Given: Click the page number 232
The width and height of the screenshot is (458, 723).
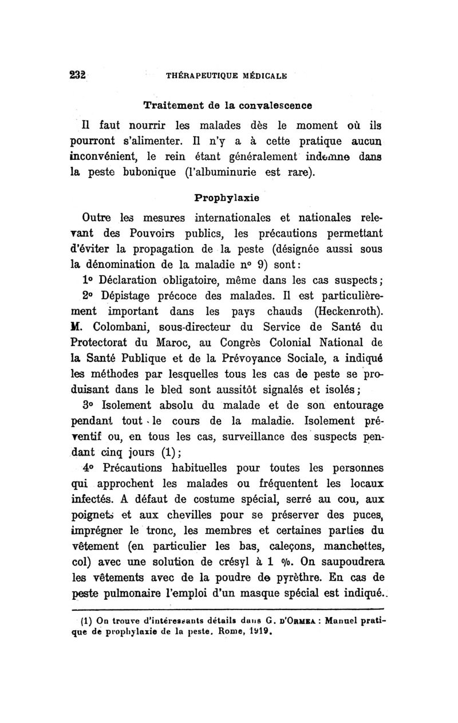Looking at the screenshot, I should click(x=76, y=74).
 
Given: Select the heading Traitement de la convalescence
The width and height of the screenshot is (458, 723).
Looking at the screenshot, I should click(x=228, y=105).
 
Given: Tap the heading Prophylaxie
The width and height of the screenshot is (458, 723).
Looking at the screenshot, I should click(x=227, y=198).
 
